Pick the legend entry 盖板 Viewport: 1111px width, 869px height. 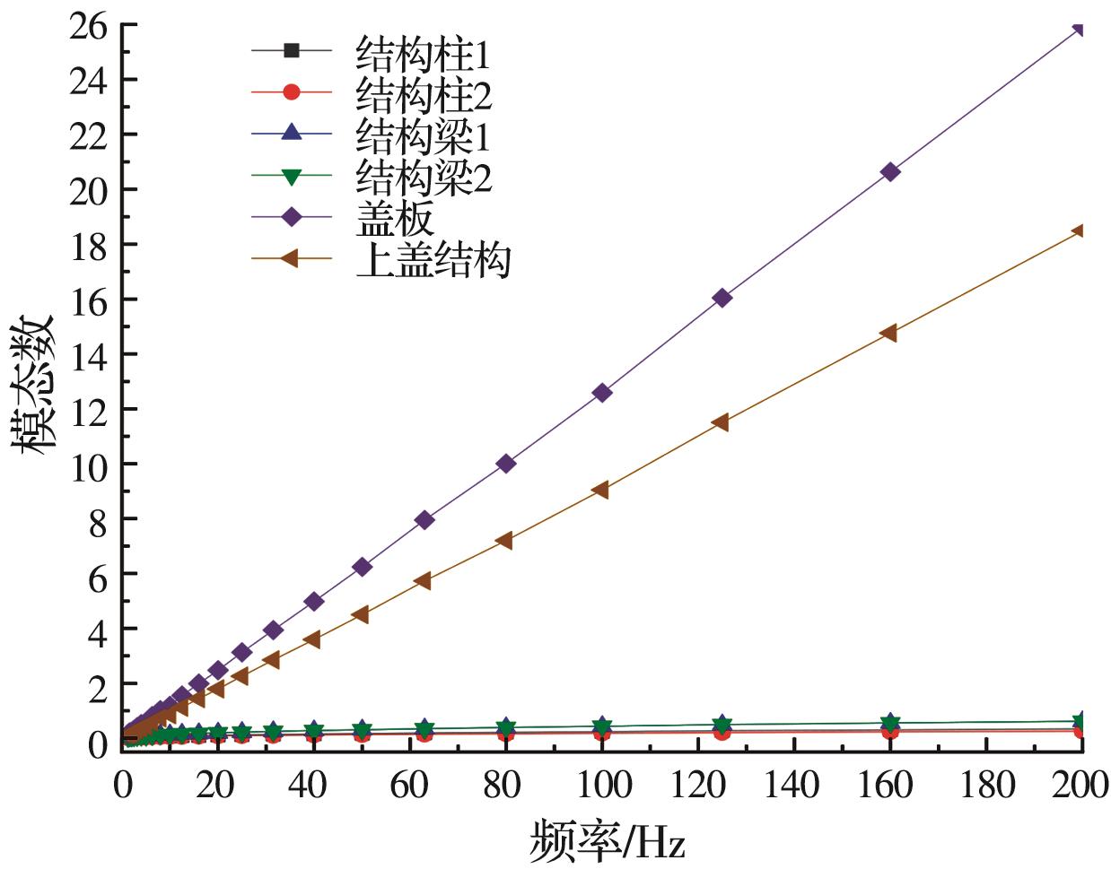395,218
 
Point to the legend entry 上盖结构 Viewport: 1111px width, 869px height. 433,259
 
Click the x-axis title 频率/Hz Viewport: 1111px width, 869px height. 608,841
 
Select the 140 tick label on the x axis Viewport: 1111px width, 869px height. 792,786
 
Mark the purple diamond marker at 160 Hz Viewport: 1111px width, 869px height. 890,171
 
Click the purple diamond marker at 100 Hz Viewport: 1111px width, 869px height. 602,392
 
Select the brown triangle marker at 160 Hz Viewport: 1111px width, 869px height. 888,333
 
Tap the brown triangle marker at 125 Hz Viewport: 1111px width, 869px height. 721,422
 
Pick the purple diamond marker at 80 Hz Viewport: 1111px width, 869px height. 506,464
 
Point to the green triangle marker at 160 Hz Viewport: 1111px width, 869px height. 889,723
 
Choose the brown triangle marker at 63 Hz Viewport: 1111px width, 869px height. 424,581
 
